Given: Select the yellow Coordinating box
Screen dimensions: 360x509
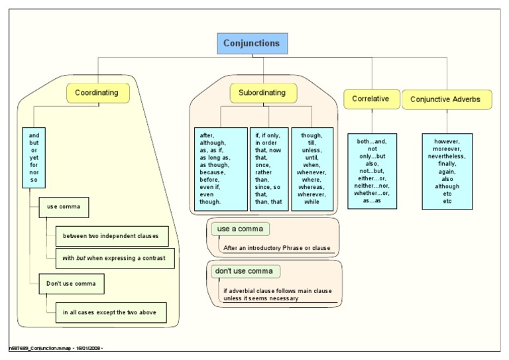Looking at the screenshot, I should [x=97, y=93].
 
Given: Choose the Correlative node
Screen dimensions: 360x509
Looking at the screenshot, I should [x=370, y=99].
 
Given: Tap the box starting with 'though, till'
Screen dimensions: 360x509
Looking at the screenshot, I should [x=313, y=168].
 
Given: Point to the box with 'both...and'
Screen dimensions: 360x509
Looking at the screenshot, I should [x=371, y=171].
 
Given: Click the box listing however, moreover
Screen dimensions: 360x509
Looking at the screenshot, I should [x=449, y=171].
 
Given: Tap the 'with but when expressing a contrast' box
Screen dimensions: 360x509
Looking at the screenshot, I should [x=115, y=257].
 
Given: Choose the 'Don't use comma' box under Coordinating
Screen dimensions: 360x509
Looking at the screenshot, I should [x=71, y=284].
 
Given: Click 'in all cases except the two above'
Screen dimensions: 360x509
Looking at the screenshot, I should [x=110, y=312].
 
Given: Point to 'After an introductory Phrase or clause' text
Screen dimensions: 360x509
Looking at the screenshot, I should [x=276, y=248].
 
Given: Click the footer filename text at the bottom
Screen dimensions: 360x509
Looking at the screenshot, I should [x=56, y=348].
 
